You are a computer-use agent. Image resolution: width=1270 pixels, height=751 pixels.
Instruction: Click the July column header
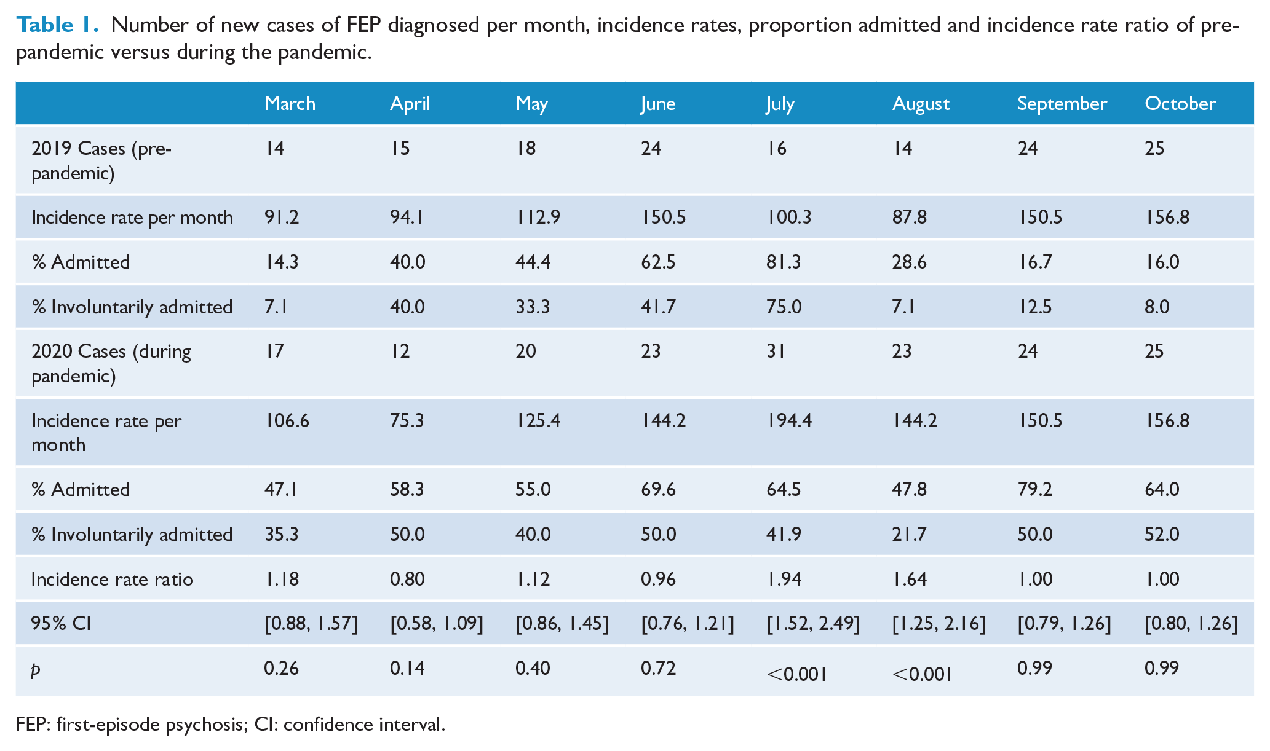coord(780,104)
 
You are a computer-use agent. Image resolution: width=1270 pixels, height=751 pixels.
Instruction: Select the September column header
coord(1062,104)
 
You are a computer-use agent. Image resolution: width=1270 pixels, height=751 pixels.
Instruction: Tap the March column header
coord(290,103)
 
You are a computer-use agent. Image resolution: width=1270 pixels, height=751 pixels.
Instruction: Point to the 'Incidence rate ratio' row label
coord(112,579)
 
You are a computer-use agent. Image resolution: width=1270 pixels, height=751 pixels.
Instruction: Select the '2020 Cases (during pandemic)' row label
coord(111,363)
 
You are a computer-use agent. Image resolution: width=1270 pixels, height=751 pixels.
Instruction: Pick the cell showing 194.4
coord(789,421)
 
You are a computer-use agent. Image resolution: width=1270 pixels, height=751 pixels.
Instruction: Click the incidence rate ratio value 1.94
coord(784,579)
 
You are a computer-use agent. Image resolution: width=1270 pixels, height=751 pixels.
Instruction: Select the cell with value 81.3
coord(784,262)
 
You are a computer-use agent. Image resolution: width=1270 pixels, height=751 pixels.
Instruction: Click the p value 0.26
coord(281,668)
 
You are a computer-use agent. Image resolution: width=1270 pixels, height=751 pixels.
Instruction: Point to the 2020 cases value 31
coord(776,351)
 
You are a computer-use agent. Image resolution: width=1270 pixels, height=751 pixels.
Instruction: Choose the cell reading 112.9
coord(538,218)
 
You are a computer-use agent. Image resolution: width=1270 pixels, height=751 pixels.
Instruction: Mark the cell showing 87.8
coord(910,218)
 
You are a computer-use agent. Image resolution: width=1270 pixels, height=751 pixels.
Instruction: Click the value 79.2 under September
coord(1034,490)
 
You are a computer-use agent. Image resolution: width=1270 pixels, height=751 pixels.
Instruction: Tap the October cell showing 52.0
coord(1162,534)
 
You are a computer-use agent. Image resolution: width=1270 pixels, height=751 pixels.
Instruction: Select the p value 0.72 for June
coord(658,668)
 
